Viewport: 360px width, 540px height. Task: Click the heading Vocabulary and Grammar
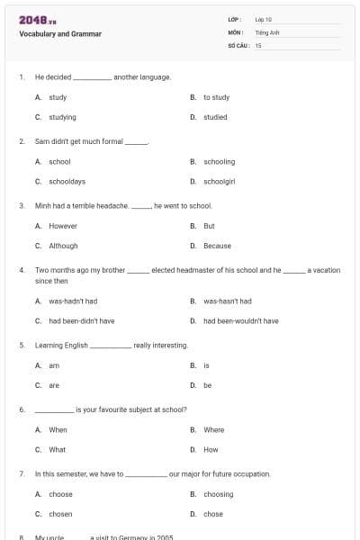(60, 34)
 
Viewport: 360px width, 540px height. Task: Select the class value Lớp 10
(264, 19)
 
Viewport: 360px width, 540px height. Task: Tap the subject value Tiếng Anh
(267, 31)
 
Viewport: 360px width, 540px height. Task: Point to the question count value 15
(258, 44)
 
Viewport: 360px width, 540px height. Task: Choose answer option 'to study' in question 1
(216, 97)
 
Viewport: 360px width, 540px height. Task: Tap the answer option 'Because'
(217, 246)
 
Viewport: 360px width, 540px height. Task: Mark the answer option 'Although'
(63, 246)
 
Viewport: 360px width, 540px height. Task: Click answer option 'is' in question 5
(206, 365)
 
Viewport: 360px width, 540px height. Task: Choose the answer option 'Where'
(213, 430)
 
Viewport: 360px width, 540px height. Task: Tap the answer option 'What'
(57, 449)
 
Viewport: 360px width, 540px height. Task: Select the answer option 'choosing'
(218, 494)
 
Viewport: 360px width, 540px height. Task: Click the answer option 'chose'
(212, 514)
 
